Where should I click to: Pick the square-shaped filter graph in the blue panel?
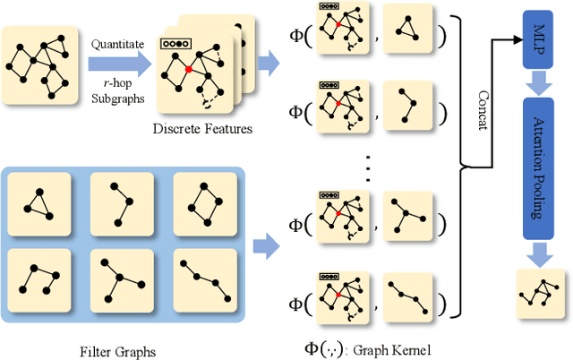(204, 204)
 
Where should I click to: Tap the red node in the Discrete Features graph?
(190, 69)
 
